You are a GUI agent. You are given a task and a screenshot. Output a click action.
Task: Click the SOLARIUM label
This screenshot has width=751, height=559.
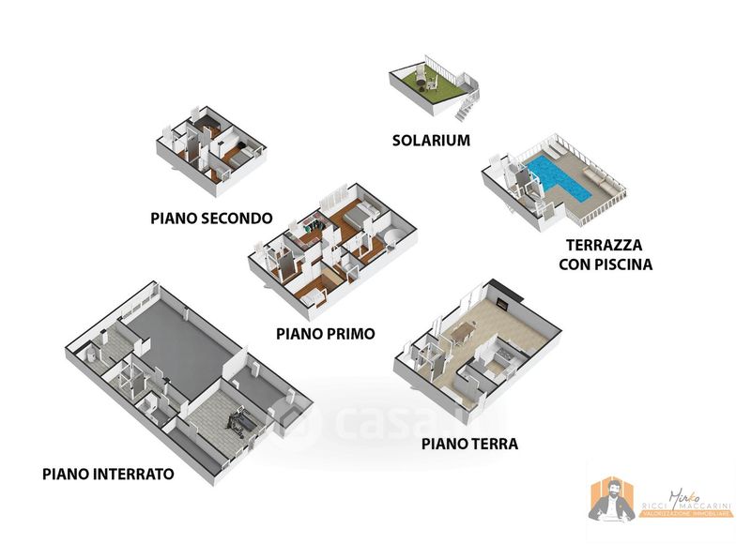coord(431,141)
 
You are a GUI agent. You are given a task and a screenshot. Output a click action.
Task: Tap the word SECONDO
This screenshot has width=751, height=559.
coord(235,219)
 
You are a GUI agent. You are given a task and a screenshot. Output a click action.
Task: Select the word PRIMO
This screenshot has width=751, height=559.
coord(348,333)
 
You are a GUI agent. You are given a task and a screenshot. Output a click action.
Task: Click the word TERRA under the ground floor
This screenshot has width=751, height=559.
coord(494,444)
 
